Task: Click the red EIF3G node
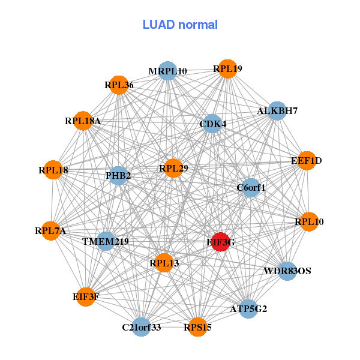point(220,242)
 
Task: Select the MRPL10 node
point(167,71)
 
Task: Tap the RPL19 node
point(227,68)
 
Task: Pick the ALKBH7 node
point(276,110)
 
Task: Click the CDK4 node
point(212,124)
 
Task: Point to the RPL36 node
point(118,85)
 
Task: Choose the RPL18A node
point(83,121)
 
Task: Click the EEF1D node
point(307,160)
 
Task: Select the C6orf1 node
point(251,187)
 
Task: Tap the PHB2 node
point(118,175)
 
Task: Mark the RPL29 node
point(173,169)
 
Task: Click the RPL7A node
point(50,230)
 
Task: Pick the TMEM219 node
point(106,241)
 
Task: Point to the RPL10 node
point(309,222)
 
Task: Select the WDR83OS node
point(287,271)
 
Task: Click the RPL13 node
point(164,262)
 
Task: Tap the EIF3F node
point(86,296)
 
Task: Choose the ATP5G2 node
point(248,309)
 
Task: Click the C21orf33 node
point(142,327)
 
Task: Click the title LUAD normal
point(180,25)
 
